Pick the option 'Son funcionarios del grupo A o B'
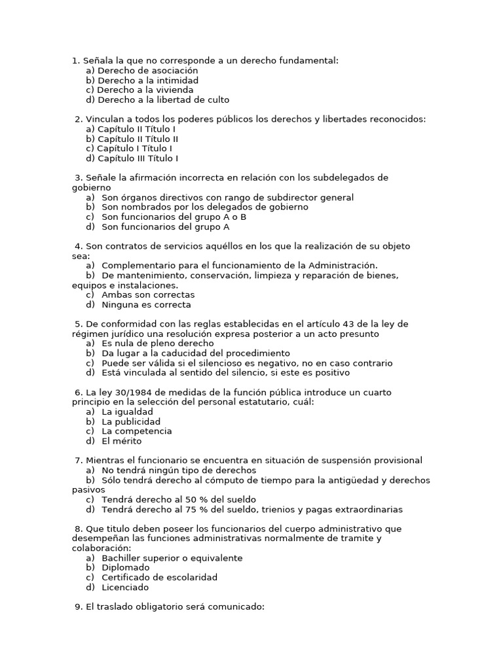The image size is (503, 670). (174, 217)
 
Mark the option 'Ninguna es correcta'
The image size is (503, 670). (146, 305)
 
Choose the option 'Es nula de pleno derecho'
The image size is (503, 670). (157, 344)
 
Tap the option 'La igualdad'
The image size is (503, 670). (127, 412)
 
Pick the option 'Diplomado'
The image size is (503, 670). (126, 568)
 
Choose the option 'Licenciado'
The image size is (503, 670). (125, 588)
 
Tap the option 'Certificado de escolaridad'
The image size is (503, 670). (159, 578)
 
